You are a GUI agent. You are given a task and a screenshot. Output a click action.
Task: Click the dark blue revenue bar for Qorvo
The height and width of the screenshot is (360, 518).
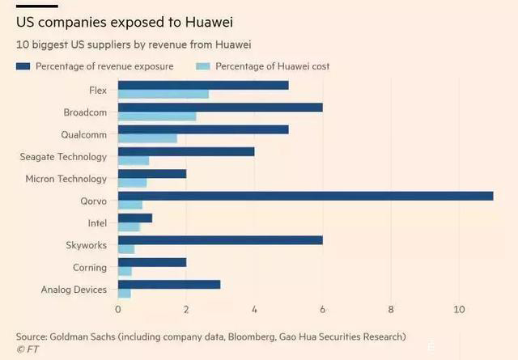point(306,195)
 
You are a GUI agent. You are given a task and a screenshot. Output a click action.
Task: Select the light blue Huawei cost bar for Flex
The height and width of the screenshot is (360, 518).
point(163,95)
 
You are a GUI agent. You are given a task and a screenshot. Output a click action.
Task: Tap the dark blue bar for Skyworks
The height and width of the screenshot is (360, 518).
point(220,239)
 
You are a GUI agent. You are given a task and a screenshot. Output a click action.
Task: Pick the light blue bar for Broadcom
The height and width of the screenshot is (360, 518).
point(157,116)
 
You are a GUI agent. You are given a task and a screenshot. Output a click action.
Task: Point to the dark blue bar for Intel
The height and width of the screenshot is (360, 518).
point(135,218)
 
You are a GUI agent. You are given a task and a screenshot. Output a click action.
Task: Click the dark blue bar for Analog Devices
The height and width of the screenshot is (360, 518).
point(169,284)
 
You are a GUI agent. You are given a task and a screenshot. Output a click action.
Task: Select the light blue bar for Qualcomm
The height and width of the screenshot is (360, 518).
point(147,138)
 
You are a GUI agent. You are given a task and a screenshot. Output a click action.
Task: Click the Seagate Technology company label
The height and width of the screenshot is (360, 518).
point(63,156)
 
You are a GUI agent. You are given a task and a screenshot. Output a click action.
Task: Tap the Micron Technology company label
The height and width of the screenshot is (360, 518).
point(66,179)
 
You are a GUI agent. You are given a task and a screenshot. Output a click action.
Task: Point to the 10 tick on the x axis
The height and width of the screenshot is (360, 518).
point(459,309)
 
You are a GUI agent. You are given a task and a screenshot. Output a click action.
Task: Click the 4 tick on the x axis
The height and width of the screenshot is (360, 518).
point(254,309)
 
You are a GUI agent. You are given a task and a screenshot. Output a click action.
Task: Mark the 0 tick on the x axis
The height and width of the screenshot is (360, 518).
point(118,309)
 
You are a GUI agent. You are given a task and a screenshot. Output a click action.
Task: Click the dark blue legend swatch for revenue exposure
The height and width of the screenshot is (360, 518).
point(23,66)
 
